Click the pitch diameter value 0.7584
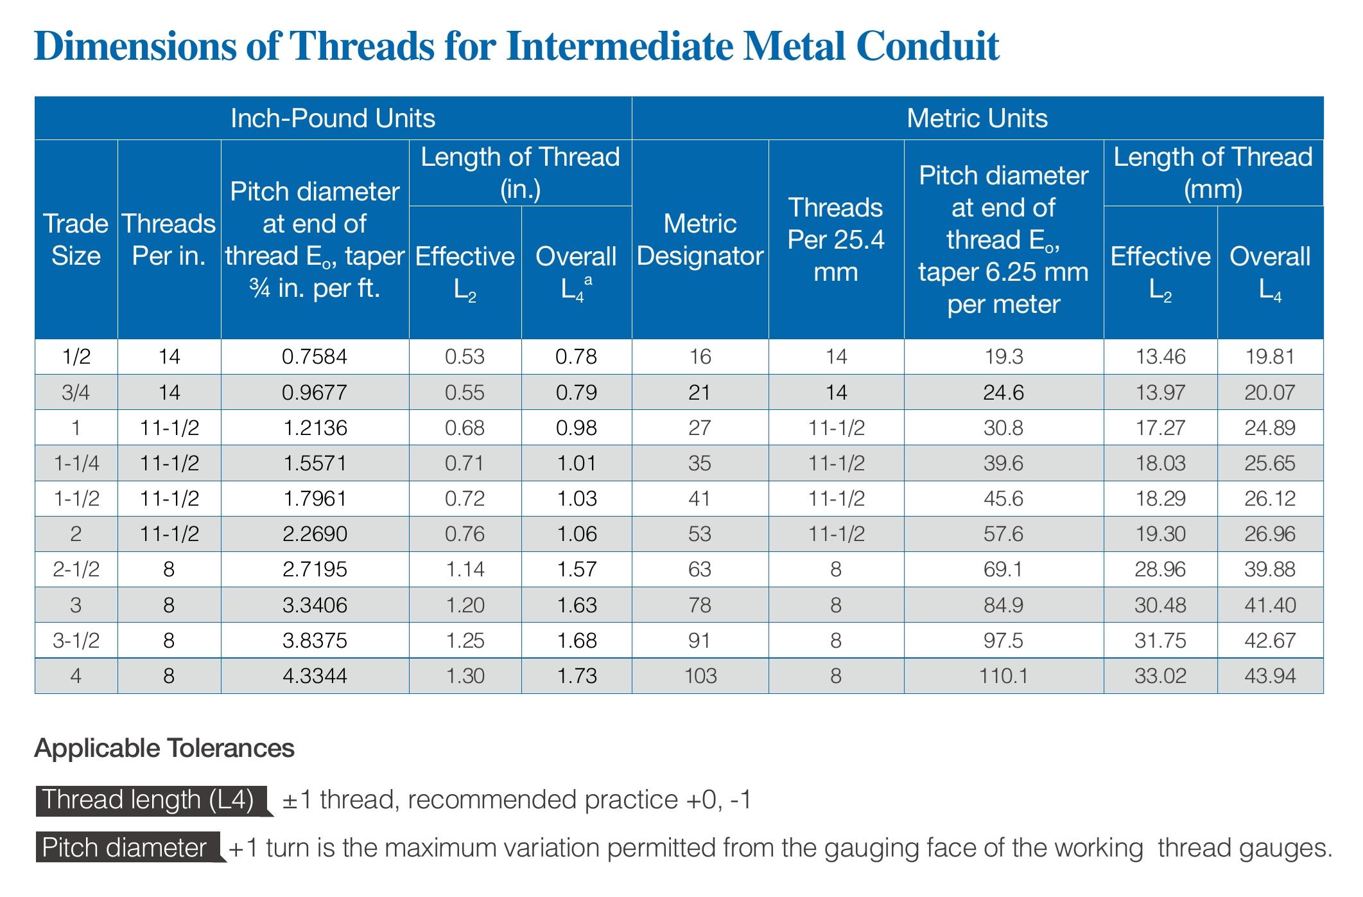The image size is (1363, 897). click(x=315, y=357)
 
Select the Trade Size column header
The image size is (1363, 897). click(x=76, y=240)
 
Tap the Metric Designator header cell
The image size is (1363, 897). click(x=700, y=240)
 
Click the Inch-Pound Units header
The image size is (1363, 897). click(x=333, y=118)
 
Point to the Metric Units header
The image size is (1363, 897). click(x=977, y=118)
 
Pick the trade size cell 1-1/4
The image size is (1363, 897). click(x=76, y=463)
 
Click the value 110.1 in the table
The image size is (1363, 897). click(x=1003, y=676)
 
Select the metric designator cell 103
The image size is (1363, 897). click(x=700, y=676)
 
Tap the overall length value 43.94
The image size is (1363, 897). click(x=1270, y=676)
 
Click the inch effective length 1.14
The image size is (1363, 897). click(x=465, y=569)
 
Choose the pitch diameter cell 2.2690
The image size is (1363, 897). click(x=315, y=534)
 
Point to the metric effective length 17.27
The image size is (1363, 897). click(x=1160, y=428)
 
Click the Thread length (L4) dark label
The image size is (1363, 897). click(x=148, y=800)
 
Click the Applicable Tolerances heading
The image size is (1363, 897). click(x=164, y=749)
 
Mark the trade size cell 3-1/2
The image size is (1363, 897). click(x=76, y=641)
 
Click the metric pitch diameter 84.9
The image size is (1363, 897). click(x=1003, y=605)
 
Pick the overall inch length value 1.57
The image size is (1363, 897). click(x=577, y=569)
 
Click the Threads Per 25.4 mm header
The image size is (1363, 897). click(x=836, y=240)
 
